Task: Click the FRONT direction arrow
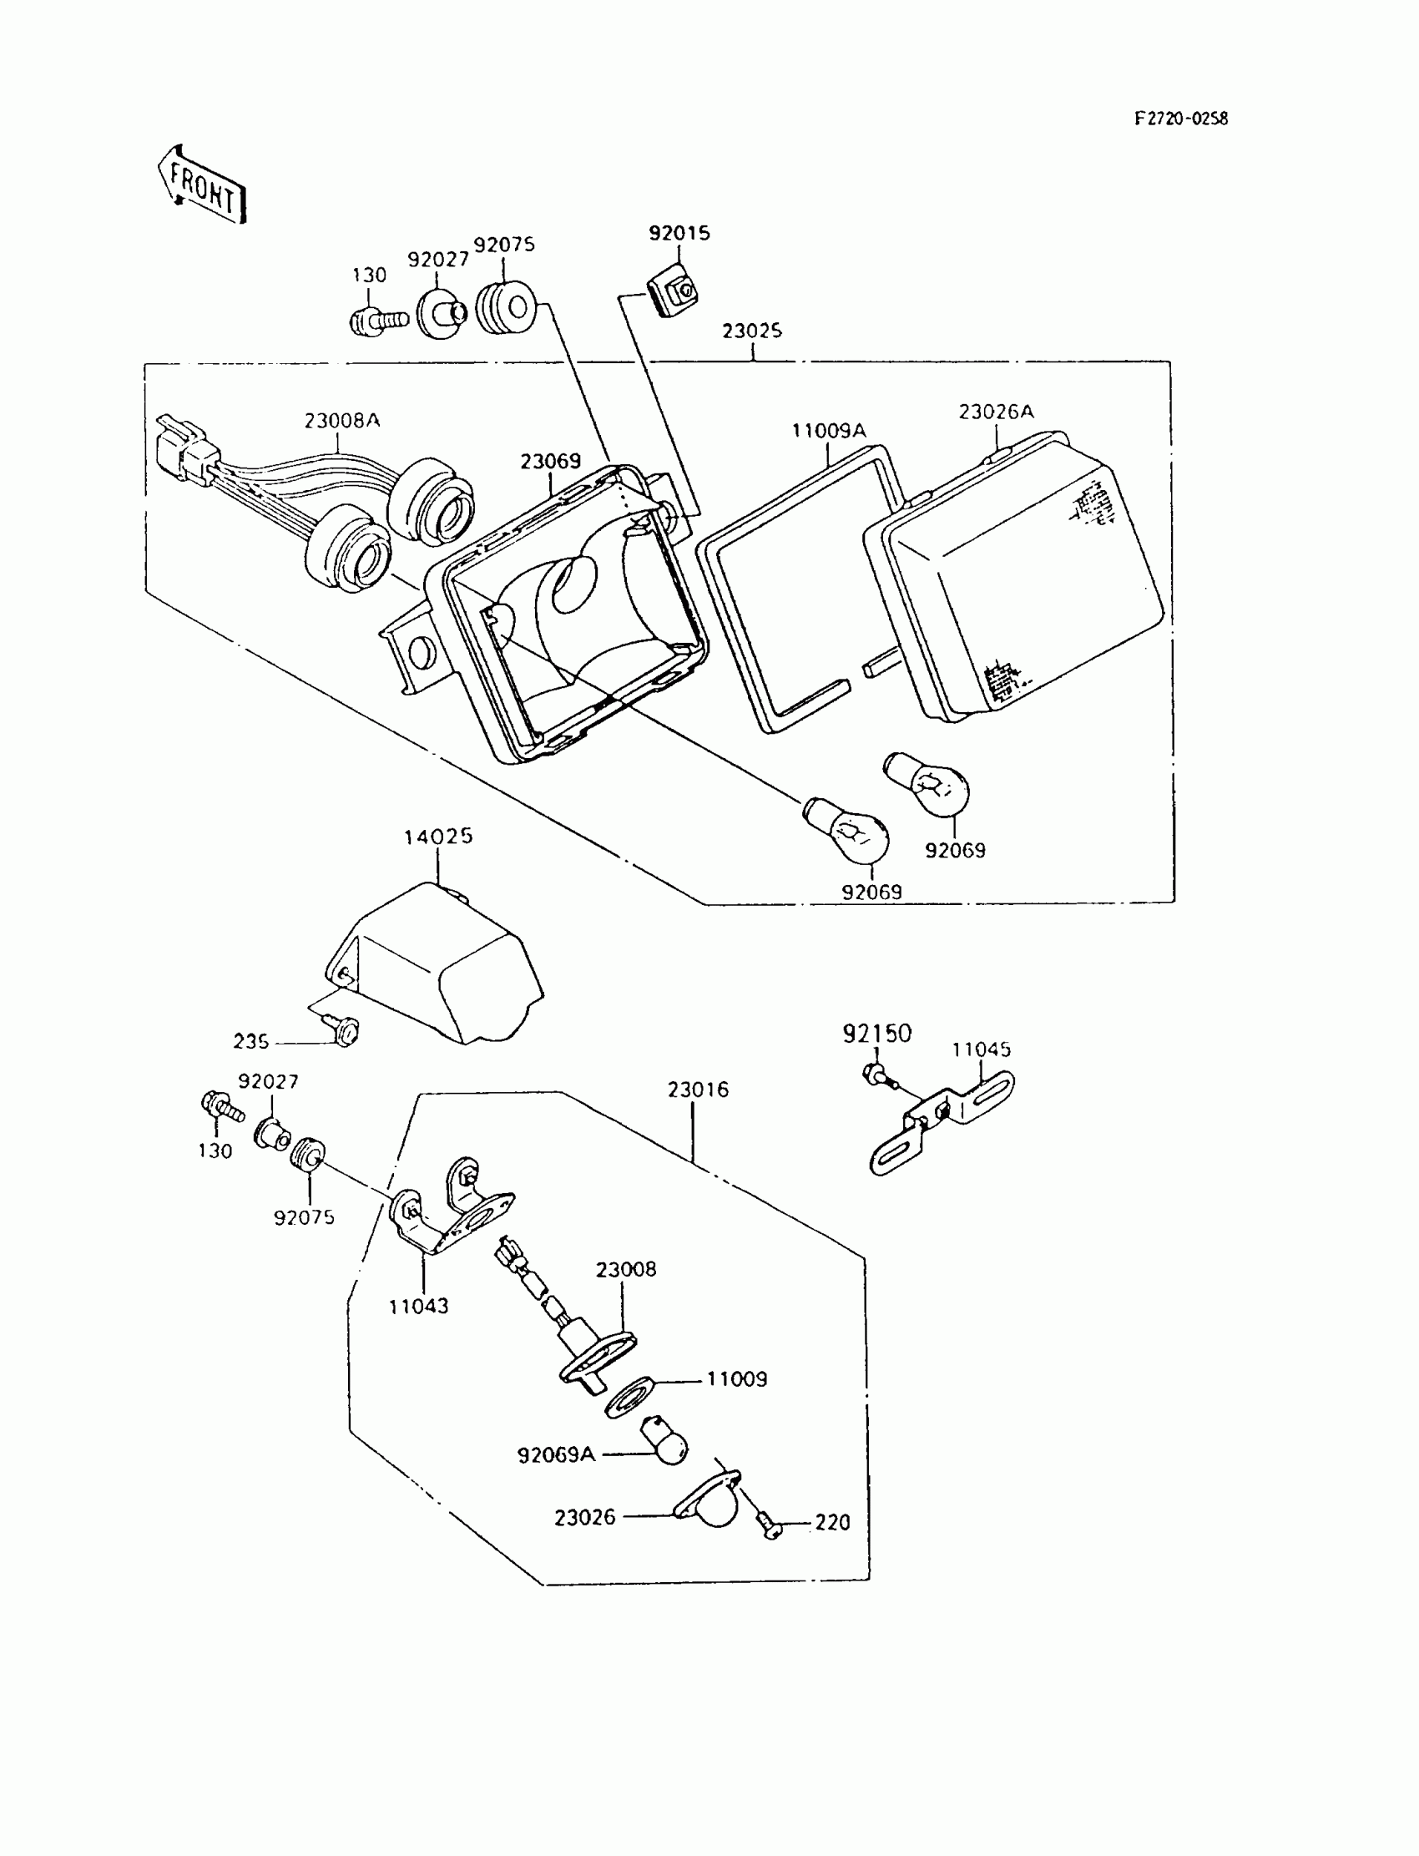pos(202,185)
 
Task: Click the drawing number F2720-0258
pos(1180,119)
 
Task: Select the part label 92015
pos(679,233)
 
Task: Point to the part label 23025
pos(752,331)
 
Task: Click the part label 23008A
pos(342,421)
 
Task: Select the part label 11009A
pos(829,431)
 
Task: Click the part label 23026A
pos(996,412)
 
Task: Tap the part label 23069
pos(550,461)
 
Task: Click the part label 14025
pos(437,837)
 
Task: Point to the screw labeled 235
pos(345,1030)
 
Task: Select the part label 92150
pos(876,1034)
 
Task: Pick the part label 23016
pos(698,1090)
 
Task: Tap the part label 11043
pos(418,1306)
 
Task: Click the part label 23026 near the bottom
pos(584,1518)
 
